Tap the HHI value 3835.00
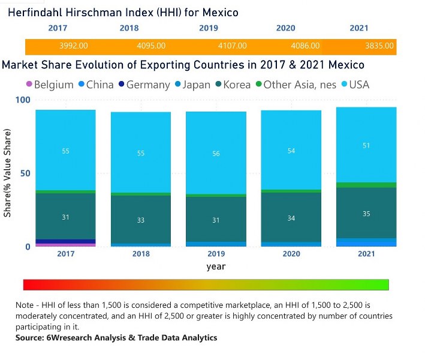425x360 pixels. tap(379, 46)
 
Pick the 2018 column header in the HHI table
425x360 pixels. tap(129, 28)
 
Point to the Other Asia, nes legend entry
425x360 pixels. tap(294, 85)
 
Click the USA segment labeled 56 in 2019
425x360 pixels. tap(216, 154)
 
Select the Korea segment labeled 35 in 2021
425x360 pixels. tap(366, 213)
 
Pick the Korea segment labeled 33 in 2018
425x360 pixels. tap(140, 220)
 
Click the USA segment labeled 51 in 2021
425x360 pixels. tap(366, 145)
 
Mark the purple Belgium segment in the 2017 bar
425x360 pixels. tap(65, 245)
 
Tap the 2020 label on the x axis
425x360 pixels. tap(291, 254)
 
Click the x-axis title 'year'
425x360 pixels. tap(216, 266)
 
